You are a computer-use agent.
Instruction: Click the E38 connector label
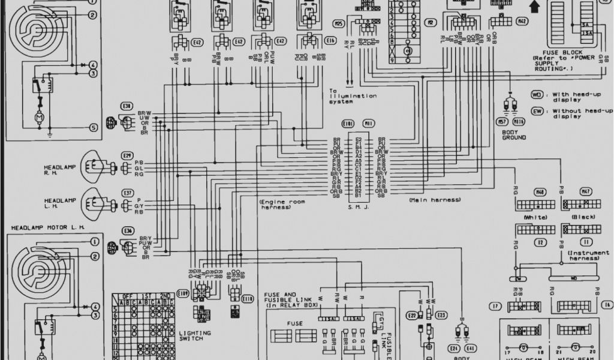coord(127,106)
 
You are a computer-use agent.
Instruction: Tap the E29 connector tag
coord(127,155)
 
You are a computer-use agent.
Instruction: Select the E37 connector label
coord(127,193)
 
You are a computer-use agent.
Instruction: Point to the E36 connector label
coord(127,231)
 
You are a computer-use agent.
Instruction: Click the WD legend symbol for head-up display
coord(537,94)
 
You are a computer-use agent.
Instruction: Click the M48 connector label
coord(540,192)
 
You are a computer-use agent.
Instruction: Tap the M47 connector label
coord(586,192)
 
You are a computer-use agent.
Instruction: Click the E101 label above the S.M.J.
coord(348,123)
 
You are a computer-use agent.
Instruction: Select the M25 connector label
coord(339,24)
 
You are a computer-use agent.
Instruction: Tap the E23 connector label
coord(441,315)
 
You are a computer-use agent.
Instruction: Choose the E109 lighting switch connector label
coord(182,293)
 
